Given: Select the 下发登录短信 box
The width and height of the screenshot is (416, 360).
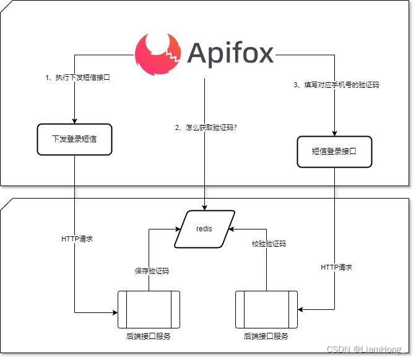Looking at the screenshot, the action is point(74,139).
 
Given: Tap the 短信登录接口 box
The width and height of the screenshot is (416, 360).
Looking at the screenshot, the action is point(334,152).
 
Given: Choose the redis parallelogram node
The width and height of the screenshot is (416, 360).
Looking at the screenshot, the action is point(204,229).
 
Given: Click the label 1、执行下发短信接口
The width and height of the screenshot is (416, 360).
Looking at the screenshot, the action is point(77,77).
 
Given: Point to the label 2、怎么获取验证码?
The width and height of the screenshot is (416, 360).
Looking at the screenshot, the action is point(206,128).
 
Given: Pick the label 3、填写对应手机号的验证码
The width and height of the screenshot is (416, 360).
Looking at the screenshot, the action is point(336,85).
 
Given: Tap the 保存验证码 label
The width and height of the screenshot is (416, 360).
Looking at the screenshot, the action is point(152,271).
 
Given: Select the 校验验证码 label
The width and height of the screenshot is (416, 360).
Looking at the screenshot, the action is point(269,244).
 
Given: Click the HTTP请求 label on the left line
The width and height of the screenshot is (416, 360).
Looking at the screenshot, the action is point(77,239).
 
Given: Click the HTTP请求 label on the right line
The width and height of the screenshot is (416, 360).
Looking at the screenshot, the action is point(336,267).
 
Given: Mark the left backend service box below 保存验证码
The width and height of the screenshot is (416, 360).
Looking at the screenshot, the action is point(149,310).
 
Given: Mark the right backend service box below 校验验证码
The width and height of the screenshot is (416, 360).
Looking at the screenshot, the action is point(266,310).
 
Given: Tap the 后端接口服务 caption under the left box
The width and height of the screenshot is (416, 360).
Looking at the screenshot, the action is point(149,336).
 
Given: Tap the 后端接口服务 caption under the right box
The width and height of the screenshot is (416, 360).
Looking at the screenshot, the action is point(266,336).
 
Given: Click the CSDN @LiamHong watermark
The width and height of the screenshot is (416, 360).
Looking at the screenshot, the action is point(366,349).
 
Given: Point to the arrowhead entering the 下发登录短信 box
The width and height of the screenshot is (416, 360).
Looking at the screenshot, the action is point(74,121).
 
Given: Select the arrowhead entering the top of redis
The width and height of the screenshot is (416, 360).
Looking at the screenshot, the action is point(204,208).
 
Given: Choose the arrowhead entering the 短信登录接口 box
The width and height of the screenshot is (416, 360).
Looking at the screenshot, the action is point(334,134).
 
